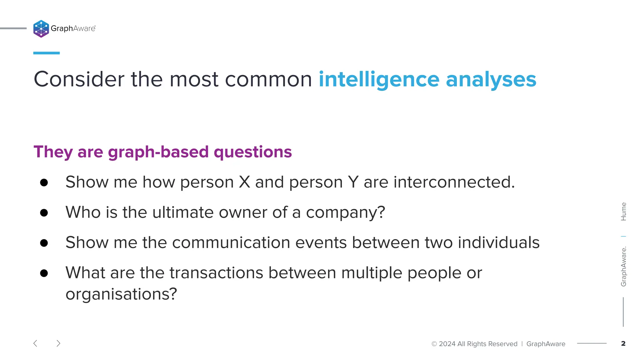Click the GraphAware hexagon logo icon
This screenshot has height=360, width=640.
click(x=41, y=29)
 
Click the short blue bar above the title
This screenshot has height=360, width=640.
click(x=46, y=53)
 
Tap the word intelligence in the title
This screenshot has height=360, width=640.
click(x=379, y=80)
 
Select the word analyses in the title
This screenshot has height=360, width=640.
click(x=491, y=80)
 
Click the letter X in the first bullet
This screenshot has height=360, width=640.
click(x=244, y=182)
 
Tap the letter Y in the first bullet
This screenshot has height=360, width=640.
click(x=353, y=182)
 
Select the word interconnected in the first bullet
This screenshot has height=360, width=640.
click(x=454, y=182)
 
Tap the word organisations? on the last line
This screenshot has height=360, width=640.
click(x=121, y=294)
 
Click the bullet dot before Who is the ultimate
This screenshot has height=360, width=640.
click(x=44, y=213)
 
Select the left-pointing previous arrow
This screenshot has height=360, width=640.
click(x=35, y=343)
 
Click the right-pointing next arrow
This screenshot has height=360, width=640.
click(x=58, y=343)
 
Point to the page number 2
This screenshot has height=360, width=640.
click(x=623, y=344)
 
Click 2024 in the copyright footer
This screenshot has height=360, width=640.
click(x=447, y=344)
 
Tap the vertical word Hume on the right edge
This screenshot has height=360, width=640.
click(x=623, y=212)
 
